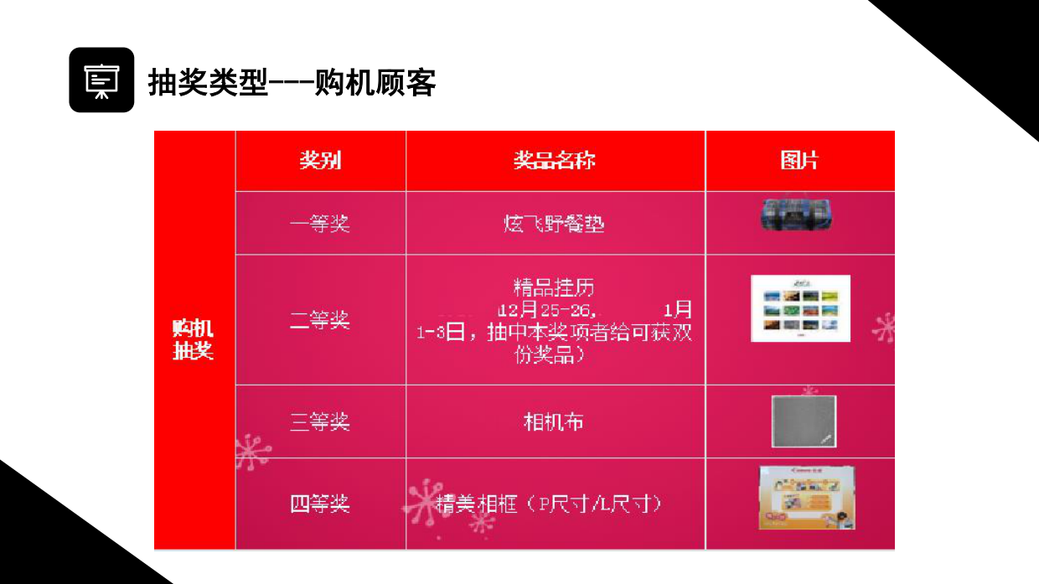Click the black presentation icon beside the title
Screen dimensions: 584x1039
[x=101, y=80]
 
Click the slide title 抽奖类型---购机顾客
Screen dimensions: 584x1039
[x=292, y=82]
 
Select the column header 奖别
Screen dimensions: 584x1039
[x=320, y=160]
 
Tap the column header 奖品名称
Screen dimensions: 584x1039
[x=555, y=160]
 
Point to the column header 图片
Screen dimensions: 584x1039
[x=799, y=160]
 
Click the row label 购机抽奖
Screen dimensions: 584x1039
[x=194, y=339]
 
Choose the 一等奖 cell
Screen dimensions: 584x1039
[x=320, y=224]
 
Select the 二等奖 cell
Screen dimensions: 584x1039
[x=320, y=320]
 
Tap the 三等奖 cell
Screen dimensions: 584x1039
[x=320, y=421]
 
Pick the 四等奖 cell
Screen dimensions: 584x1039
[x=320, y=504]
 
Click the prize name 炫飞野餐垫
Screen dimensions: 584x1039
[x=555, y=224]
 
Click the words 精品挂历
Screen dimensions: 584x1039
[x=555, y=287]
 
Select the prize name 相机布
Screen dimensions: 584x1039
[x=555, y=421]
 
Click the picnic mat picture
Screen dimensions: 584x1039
[x=796, y=214]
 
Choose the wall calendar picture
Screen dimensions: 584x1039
[x=800, y=308]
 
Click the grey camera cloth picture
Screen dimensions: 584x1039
[x=804, y=421]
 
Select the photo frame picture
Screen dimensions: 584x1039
[x=806, y=498]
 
